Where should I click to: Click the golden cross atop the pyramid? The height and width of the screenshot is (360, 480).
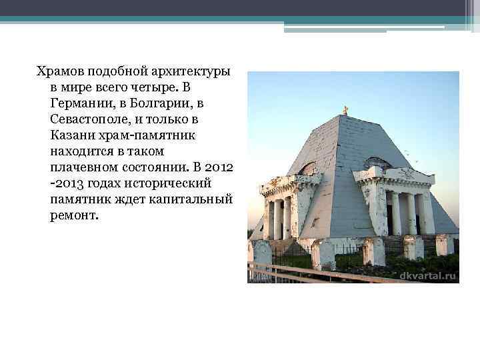[x=345, y=110]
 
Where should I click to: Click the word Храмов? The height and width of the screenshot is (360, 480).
[x=61, y=71]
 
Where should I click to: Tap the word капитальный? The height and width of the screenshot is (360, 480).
[x=187, y=199]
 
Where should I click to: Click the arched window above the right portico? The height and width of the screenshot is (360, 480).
[x=377, y=163]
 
